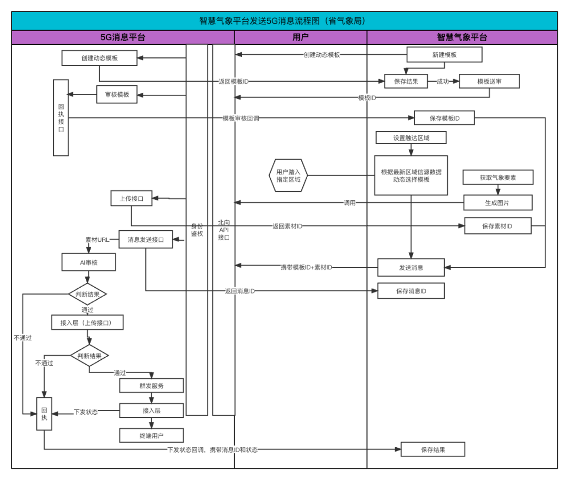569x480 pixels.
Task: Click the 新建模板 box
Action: [444, 55]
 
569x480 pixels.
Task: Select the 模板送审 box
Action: [489, 81]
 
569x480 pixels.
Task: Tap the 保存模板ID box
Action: [444, 118]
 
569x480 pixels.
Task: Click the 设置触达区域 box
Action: [411, 138]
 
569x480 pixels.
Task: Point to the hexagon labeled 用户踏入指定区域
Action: [288, 175]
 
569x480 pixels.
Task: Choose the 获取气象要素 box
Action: [498, 178]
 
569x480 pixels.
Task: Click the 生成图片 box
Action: [497, 202]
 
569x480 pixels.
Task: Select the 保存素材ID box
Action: [497, 226]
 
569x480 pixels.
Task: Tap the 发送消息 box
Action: [411, 267]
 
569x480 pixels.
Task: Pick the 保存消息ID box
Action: [411, 291]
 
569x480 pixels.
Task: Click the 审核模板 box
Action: [116, 94]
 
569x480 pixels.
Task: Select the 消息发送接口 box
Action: [145, 240]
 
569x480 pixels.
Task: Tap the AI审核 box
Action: [89, 262]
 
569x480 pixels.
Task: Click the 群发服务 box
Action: [151, 386]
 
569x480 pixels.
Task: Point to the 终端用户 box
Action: [151, 436]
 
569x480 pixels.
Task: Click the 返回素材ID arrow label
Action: [287, 226]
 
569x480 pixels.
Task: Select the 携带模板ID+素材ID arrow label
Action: [306, 267]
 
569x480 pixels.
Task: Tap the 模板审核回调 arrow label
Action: [241, 118]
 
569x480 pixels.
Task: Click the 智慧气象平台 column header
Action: [462, 37]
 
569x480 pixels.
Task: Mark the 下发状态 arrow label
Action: [85, 412]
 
